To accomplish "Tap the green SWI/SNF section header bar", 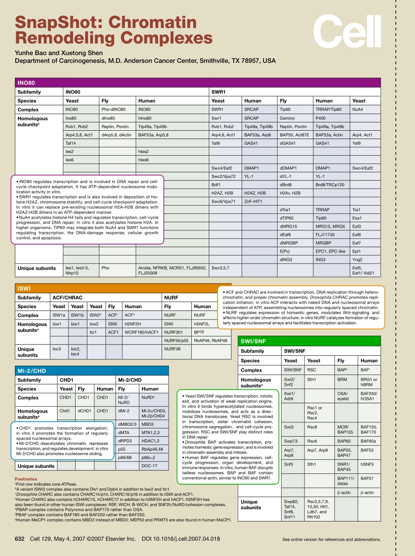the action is point(309,341).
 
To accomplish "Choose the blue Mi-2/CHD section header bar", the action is point(91,371).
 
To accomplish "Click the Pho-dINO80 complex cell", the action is point(114,110).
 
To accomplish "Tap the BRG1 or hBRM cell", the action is point(369,382).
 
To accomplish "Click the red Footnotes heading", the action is point(26,479).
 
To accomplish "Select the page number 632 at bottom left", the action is point(20,539).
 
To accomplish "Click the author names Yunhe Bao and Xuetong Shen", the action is point(59,53).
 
